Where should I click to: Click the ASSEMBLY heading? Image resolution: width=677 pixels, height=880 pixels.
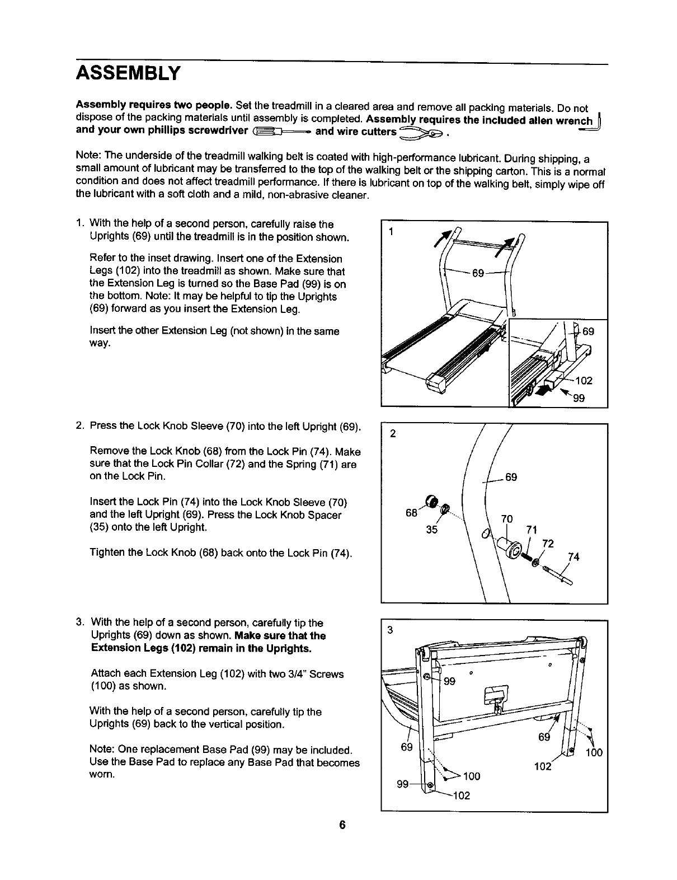[128, 73]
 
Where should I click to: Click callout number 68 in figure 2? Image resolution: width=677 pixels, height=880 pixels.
[411, 513]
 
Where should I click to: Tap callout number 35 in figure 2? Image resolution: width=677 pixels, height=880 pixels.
[431, 528]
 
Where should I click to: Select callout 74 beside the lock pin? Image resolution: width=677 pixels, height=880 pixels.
[573, 556]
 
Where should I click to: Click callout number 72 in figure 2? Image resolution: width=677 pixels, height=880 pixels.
[548, 544]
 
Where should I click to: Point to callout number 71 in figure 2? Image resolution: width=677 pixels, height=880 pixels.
[532, 530]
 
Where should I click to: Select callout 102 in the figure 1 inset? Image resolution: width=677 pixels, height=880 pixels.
[583, 381]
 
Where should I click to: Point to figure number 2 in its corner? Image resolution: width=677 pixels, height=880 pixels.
[393, 434]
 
